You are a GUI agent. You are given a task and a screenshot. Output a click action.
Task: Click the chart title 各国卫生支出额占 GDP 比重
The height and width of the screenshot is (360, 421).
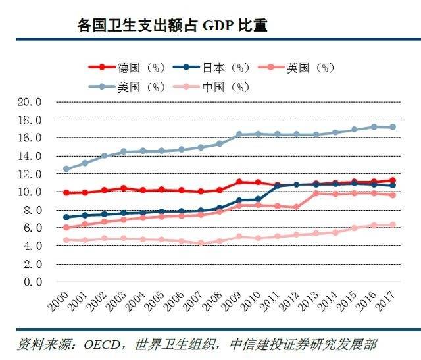point(172,26)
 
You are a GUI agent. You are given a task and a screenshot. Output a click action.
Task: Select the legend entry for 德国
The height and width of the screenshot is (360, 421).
point(132,67)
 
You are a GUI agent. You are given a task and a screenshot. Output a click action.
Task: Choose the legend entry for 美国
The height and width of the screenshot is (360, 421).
point(132,87)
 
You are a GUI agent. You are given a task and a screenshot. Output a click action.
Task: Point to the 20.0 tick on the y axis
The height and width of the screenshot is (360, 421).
point(30,102)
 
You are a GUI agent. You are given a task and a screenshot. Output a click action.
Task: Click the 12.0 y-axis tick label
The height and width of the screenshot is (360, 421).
point(30,174)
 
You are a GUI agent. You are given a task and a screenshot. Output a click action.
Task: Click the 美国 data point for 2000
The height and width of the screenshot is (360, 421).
point(66,169)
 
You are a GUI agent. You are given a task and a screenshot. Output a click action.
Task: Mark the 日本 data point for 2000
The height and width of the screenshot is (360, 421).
point(66,217)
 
